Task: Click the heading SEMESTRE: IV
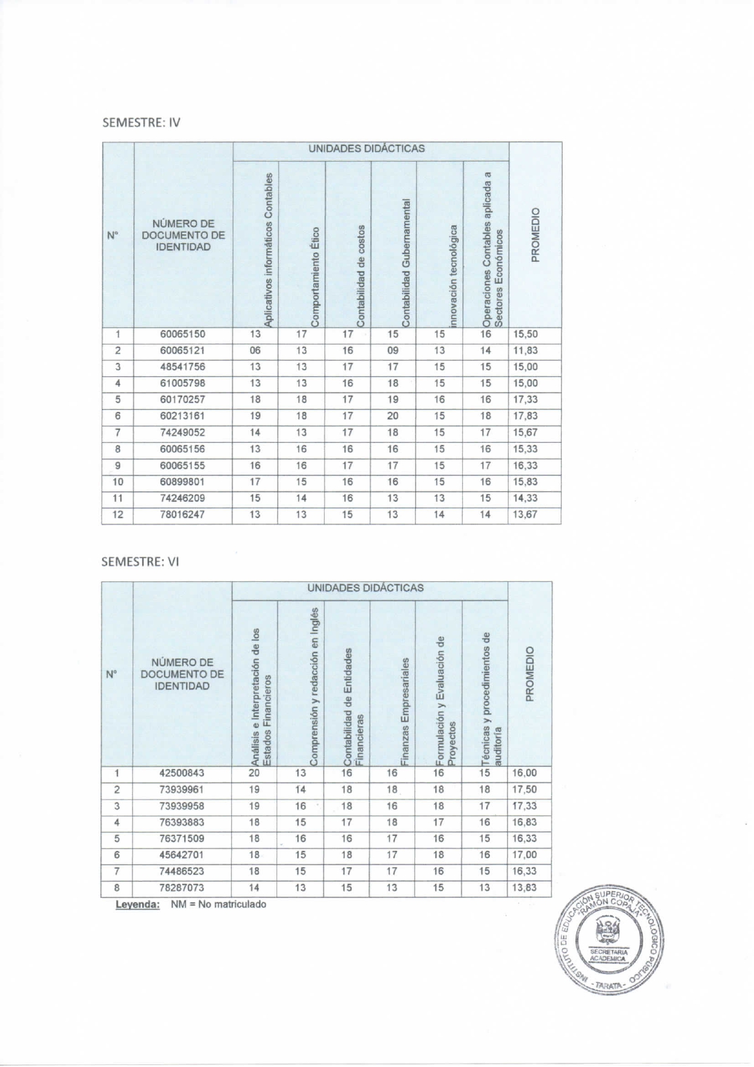(141, 122)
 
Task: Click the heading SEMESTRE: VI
(140, 561)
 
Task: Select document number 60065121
(182, 351)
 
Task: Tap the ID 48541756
(182, 367)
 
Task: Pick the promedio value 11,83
(525, 351)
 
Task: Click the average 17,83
(525, 416)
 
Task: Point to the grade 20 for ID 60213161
(393, 416)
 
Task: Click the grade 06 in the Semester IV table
(255, 351)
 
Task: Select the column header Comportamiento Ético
(315, 277)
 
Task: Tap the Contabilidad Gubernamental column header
(406, 261)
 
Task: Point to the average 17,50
(524, 790)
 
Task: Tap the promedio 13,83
(524, 888)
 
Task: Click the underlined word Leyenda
(138, 905)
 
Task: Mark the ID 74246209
(182, 499)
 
